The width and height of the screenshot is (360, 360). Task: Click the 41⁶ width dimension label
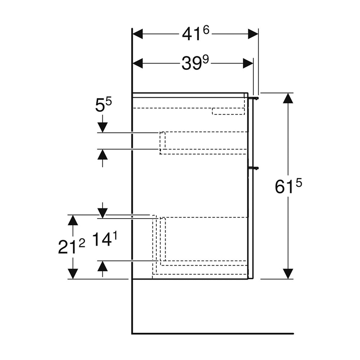point(196,34)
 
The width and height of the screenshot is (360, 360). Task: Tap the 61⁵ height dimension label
point(289,186)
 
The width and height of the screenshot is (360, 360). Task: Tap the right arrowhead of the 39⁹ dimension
point(248,64)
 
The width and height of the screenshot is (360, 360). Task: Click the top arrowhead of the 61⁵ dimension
point(288,98)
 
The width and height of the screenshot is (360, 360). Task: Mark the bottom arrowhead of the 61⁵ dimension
point(288,273)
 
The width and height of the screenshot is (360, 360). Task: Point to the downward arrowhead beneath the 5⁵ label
point(102,127)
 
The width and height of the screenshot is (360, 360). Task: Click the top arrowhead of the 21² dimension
point(73,220)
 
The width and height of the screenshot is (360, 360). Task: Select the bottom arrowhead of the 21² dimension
point(73,274)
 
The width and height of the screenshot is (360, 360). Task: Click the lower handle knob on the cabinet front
point(255,168)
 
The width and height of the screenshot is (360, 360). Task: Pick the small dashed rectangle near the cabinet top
point(228,111)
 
